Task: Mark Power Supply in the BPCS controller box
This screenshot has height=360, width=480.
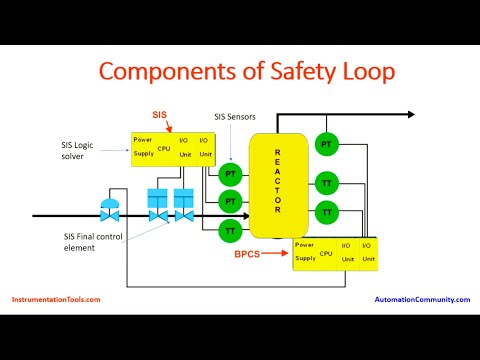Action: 305,254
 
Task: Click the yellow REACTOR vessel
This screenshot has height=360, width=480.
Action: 279,180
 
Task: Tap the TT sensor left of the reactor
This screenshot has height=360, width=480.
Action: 230,231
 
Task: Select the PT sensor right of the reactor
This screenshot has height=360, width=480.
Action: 326,145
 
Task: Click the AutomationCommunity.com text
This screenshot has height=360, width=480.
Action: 422,299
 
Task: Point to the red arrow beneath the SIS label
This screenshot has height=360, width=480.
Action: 171,127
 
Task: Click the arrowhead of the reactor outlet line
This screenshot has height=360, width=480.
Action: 409,117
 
